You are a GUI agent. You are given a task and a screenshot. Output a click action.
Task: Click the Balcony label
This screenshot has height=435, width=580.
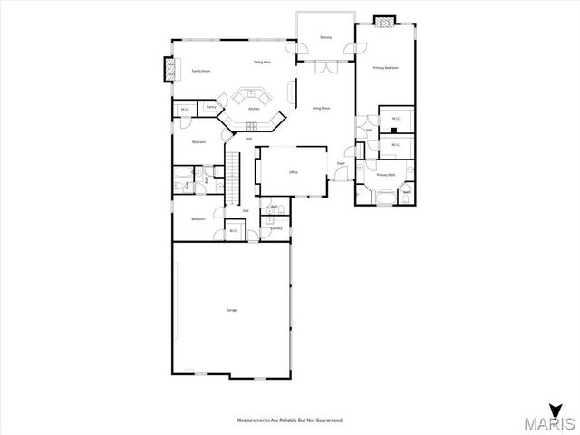pos(325,38)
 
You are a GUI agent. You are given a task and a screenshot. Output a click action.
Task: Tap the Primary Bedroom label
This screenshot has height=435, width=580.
pos(385,68)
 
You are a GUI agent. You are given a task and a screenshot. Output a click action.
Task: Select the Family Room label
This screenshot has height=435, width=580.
pos(200,71)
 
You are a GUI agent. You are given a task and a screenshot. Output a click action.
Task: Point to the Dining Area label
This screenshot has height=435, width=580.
pos(262,62)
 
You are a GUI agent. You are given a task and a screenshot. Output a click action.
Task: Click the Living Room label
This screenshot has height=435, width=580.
pos(321,109)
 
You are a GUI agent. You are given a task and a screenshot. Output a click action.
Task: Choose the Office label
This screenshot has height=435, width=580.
pos(294,171)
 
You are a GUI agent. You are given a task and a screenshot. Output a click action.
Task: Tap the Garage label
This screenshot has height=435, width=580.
pos(231,311)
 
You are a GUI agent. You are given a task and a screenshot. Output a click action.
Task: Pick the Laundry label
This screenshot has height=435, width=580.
pos(276,228)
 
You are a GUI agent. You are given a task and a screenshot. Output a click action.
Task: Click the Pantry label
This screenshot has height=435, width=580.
pos(210,107)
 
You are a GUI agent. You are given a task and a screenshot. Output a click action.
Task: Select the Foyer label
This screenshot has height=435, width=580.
pos(341,164)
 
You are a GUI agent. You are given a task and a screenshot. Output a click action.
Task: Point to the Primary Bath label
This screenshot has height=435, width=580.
pos(385,174)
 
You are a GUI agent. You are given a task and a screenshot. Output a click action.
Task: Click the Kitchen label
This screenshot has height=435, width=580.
pos(254,109)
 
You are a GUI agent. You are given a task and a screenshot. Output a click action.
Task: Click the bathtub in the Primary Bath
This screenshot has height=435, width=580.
pos(384,191)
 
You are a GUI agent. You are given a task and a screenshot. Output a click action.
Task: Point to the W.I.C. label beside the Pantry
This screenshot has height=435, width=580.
pos(185,110)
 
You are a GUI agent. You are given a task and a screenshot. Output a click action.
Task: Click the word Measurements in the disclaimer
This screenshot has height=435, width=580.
pos(256,420)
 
